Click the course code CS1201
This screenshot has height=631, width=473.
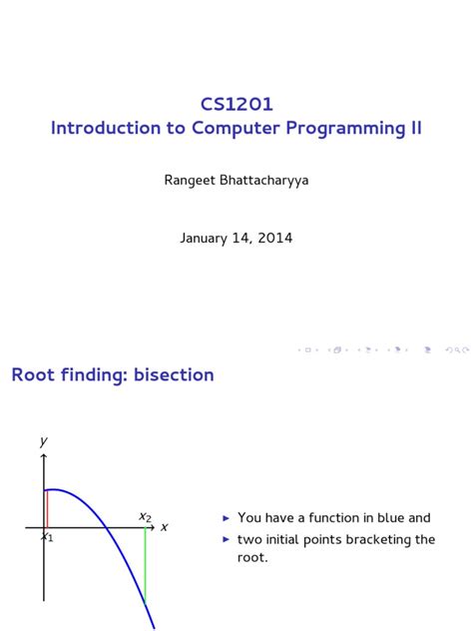(236, 104)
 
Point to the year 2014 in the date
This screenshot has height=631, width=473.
(274, 239)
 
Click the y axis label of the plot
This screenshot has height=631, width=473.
(44, 440)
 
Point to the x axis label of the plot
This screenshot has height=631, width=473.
(165, 526)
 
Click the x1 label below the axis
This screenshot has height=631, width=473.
(47, 537)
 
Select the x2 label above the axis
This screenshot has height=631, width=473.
(145, 516)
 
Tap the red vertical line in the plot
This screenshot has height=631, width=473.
(47, 508)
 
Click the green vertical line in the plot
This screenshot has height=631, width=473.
(146, 564)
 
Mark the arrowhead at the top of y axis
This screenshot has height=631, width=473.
(44, 455)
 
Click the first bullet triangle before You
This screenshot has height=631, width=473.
(227, 518)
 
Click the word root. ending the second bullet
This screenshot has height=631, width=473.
(252, 558)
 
